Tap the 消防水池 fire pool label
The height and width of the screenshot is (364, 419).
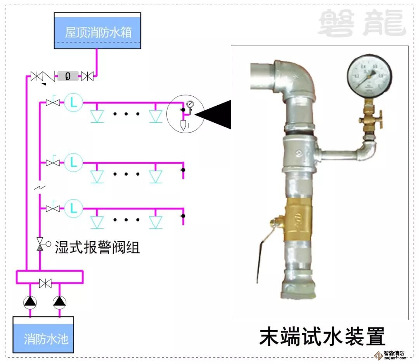tap(46, 339)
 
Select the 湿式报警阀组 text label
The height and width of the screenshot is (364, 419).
tap(97, 247)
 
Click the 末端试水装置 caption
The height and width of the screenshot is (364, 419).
tap(322, 337)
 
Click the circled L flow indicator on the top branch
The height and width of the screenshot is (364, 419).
tap(74, 103)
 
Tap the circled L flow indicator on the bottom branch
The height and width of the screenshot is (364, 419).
tap(74, 209)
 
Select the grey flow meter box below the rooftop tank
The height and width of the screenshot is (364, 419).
tap(68, 76)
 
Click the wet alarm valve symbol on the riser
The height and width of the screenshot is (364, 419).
tap(40, 244)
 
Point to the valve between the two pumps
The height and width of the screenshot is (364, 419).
tap(45, 284)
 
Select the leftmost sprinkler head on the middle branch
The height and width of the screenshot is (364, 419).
tap(97, 176)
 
